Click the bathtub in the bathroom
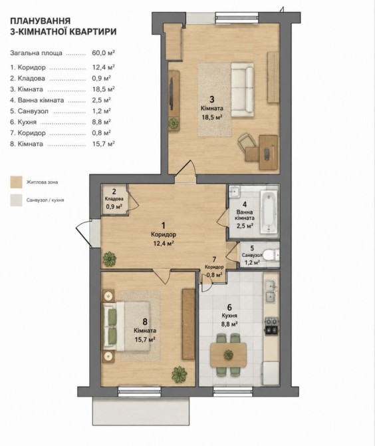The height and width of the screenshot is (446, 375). tap(269, 212)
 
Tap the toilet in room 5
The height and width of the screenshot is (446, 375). tap(271, 255)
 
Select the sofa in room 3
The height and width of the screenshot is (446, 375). tap(242, 90)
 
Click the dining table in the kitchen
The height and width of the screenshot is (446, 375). tap(228, 355)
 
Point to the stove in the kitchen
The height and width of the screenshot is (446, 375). tap(271, 326)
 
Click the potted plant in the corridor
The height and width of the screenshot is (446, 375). tap(109, 259)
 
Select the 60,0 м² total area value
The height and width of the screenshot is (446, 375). tap(104, 53)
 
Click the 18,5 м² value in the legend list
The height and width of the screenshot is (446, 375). tap(104, 89)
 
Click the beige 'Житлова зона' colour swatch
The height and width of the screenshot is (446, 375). tap(16, 182)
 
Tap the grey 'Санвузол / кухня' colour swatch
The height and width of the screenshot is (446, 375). tap(16, 200)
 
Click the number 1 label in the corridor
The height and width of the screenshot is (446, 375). tap(164, 226)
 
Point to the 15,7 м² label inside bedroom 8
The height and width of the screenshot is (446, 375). tap(145, 339)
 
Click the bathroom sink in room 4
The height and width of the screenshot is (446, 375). tap(234, 192)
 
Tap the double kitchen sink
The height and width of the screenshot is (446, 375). tap(270, 291)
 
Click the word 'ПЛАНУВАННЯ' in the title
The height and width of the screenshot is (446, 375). tap(40, 21)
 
